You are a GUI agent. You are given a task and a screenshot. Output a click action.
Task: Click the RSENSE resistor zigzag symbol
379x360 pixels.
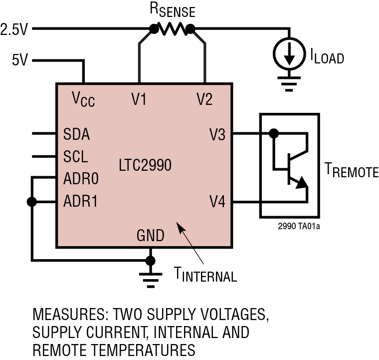pos(172,30)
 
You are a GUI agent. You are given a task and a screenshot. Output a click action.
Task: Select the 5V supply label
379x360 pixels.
pos(20,61)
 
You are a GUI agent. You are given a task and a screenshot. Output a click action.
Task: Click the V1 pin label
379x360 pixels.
pos(139,99)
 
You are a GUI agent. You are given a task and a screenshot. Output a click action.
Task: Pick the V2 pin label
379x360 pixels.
pos(204,99)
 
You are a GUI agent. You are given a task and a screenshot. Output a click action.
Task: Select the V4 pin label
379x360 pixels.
pos(217,202)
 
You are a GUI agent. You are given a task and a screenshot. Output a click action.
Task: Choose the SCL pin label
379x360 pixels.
pos(76,157)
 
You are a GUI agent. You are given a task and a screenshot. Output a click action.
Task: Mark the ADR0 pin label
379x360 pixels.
pos(81,179)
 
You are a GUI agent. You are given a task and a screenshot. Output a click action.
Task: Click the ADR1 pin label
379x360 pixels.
pos(80,202)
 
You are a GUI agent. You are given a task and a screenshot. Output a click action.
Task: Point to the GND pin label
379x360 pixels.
pos(150,235)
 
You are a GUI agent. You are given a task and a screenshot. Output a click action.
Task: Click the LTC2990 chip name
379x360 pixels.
pos(145,165)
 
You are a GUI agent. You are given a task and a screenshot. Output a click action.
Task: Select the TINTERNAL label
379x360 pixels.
pos(205,274)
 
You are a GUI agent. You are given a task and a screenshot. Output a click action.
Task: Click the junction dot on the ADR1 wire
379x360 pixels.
pos(32,202)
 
